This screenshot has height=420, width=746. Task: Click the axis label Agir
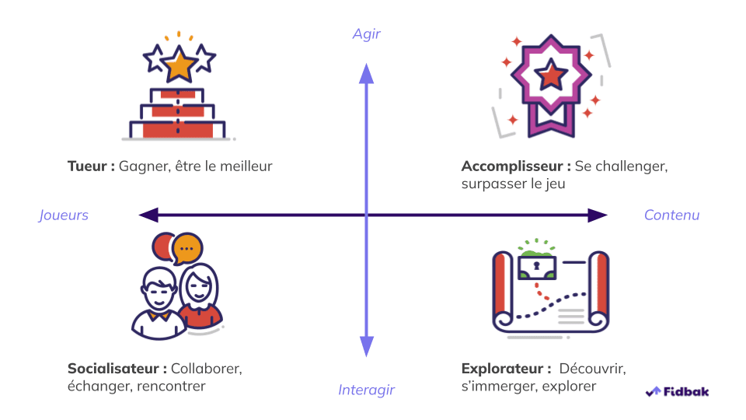(x=367, y=34)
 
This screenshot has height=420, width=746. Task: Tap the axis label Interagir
(x=367, y=390)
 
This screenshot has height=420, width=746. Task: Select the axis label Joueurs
(x=64, y=215)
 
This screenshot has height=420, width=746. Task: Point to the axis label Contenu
(x=671, y=215)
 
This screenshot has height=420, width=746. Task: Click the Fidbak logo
(x=678, y=391)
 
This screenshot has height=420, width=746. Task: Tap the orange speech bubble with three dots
(x=186, y=248)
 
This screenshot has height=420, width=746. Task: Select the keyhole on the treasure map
(x=535, y=266)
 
